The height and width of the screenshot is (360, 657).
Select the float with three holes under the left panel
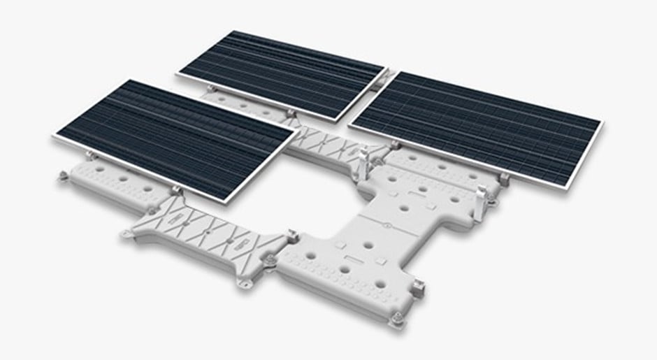[112, 185]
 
